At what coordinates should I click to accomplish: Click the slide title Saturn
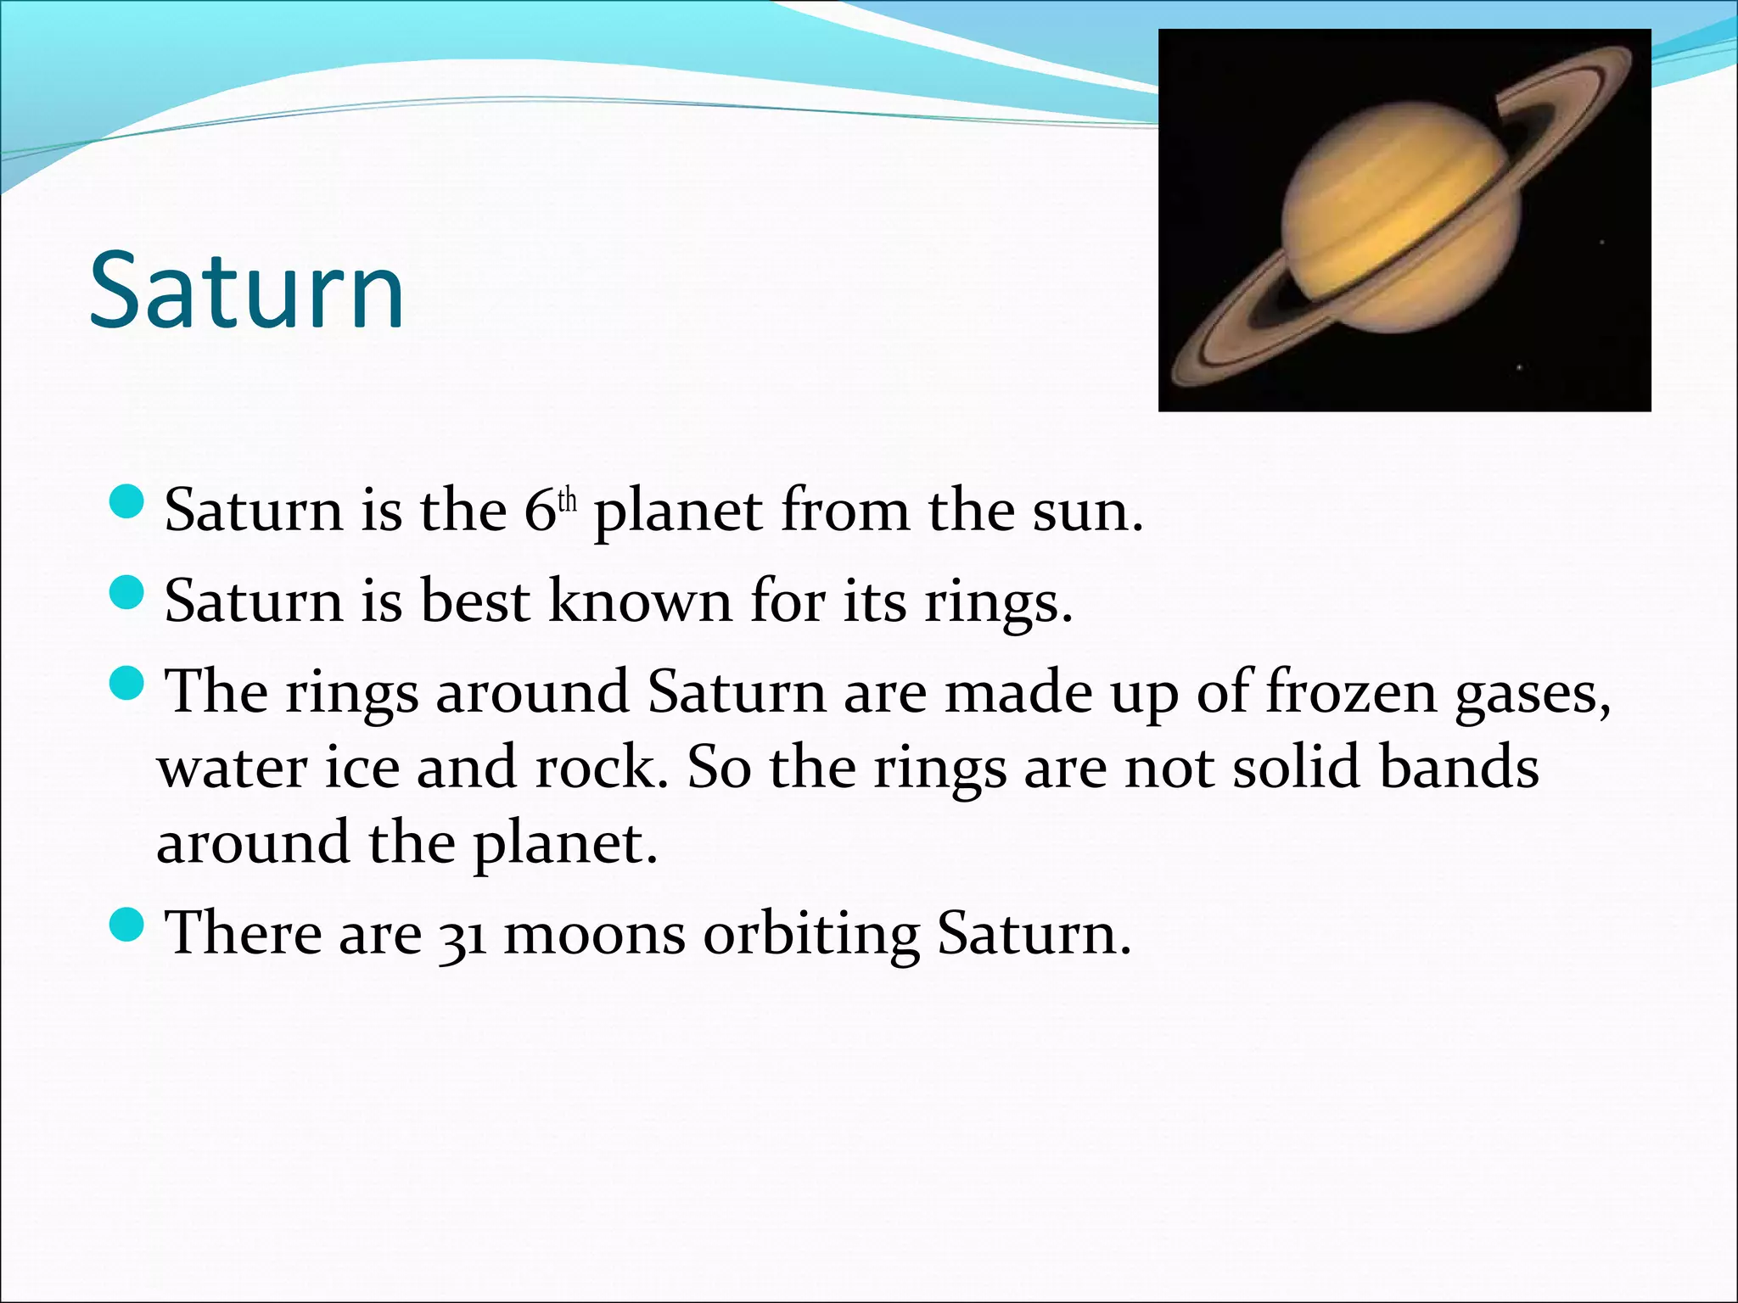tap(246, 290)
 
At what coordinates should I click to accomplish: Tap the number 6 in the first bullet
tap(539, 511)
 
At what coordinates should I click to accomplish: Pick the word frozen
tap(1351, 692)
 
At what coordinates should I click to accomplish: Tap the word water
tap(233, 768)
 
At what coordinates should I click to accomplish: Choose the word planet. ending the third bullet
tap(564, 844)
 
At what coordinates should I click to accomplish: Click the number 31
tap(463, 936)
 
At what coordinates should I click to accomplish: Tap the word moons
tap(594, 934)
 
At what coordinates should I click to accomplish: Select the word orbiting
tap(811, 936)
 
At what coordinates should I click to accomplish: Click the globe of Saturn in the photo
tap(1399, 216)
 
